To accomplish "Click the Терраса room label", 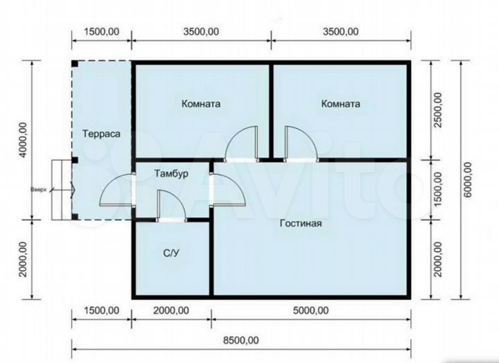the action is [101, 134].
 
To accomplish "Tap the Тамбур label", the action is [171, 174].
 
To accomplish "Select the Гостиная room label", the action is [301, 223].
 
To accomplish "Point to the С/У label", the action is [171, 254].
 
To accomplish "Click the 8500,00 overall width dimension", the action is [241, 340].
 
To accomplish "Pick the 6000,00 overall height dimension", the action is [468, 179].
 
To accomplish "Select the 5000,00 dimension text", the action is [311, 310].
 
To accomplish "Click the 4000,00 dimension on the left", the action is [23, 140].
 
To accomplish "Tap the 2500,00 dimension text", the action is [438, 110].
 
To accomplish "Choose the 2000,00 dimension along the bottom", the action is [171, 310].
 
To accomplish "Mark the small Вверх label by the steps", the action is [39, 190].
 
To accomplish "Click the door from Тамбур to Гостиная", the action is [227, 190].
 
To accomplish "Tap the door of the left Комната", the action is [241, 144].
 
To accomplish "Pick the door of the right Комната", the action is [301, 144].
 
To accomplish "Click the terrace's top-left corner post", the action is [75, 64].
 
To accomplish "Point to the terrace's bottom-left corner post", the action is [75, 217].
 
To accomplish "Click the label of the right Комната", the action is [341, 104].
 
